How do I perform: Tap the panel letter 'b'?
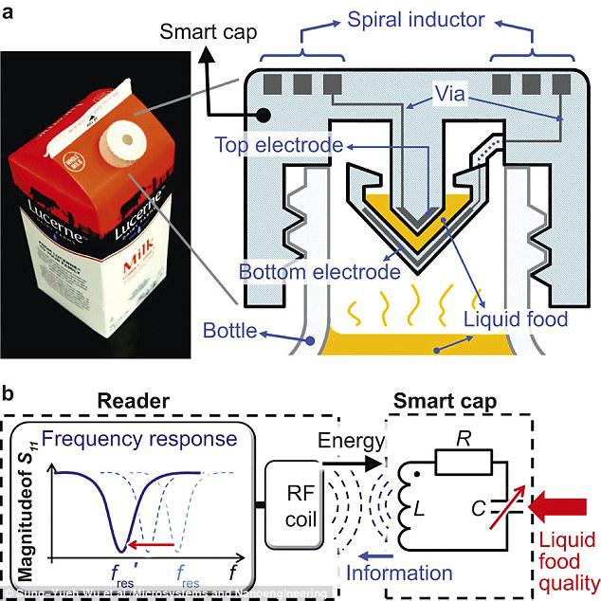(9, 391)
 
